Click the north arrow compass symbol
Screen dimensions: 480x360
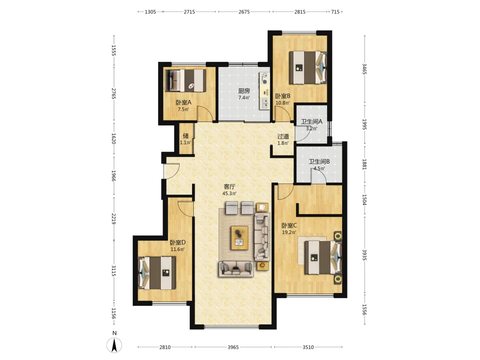(114, 345)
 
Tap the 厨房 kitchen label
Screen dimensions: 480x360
(244, 91)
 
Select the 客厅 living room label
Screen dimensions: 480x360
(230, 187)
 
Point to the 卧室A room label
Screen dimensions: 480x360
(184, 103)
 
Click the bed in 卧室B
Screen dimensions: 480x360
(308, 68)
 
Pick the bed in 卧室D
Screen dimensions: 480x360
(157, 273)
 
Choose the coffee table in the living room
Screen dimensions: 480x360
(240, 237)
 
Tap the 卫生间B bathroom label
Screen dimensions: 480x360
(319, 162)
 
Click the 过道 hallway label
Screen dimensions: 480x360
(283, 136)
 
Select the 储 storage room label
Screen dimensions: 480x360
(185, 136)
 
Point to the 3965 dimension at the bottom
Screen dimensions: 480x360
(233, 347)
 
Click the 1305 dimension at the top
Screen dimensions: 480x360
(150, 12)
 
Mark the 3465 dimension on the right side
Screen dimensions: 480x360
(364, 69)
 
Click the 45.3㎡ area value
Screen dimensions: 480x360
(229, 193)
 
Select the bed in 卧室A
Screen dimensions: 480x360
(185, 81)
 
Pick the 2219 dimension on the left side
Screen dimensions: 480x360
(113, 219)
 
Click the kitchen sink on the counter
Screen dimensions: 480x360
(264, 104)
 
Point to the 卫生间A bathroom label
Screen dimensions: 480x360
(312, 121)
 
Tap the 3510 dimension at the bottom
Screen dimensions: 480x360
(308, 347)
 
